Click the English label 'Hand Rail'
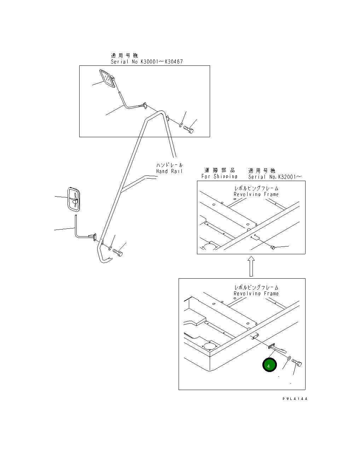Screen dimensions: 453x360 click(169, 171)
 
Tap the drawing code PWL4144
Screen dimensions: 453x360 click(295, 399)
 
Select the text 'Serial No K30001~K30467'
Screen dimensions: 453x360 click(147, 62)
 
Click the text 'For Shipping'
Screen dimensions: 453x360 click(219, 176)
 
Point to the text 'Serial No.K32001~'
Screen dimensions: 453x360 click(275, 176)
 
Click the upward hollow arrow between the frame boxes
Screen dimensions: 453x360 click(251, 266)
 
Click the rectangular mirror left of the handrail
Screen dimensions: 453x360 click(74, 199)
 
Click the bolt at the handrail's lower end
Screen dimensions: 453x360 click(118, 252)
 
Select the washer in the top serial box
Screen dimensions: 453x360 click(181, 124)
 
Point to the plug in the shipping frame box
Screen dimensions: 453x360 click(273, 248)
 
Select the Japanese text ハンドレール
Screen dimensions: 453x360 click(169, 165)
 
